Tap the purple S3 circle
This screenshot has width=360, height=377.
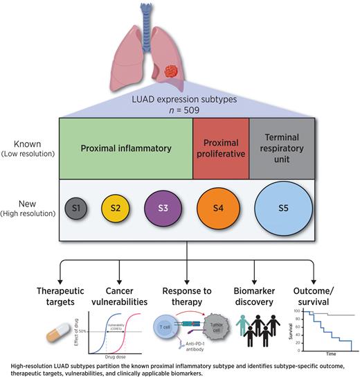point(163,208)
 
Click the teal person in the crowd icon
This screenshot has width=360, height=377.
point(240,326)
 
